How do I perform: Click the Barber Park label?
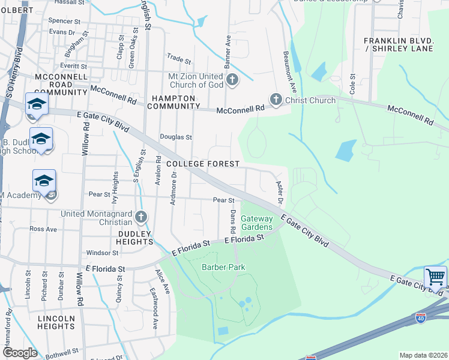(220, 267)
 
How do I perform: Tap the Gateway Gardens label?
(256, 223)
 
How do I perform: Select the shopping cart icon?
(435, 277)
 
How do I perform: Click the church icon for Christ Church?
(276, 100)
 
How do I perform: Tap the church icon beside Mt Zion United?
(232, 79)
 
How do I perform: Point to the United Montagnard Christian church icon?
(140, 216)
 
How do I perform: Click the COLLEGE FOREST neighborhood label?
(203, 164)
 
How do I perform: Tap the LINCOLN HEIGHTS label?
(56, 322)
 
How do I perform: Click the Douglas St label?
(175, 137)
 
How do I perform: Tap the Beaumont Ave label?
(288, 65)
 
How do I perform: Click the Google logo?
(19, 353)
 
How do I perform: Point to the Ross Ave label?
(43, 229)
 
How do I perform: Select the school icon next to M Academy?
(44, 181)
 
